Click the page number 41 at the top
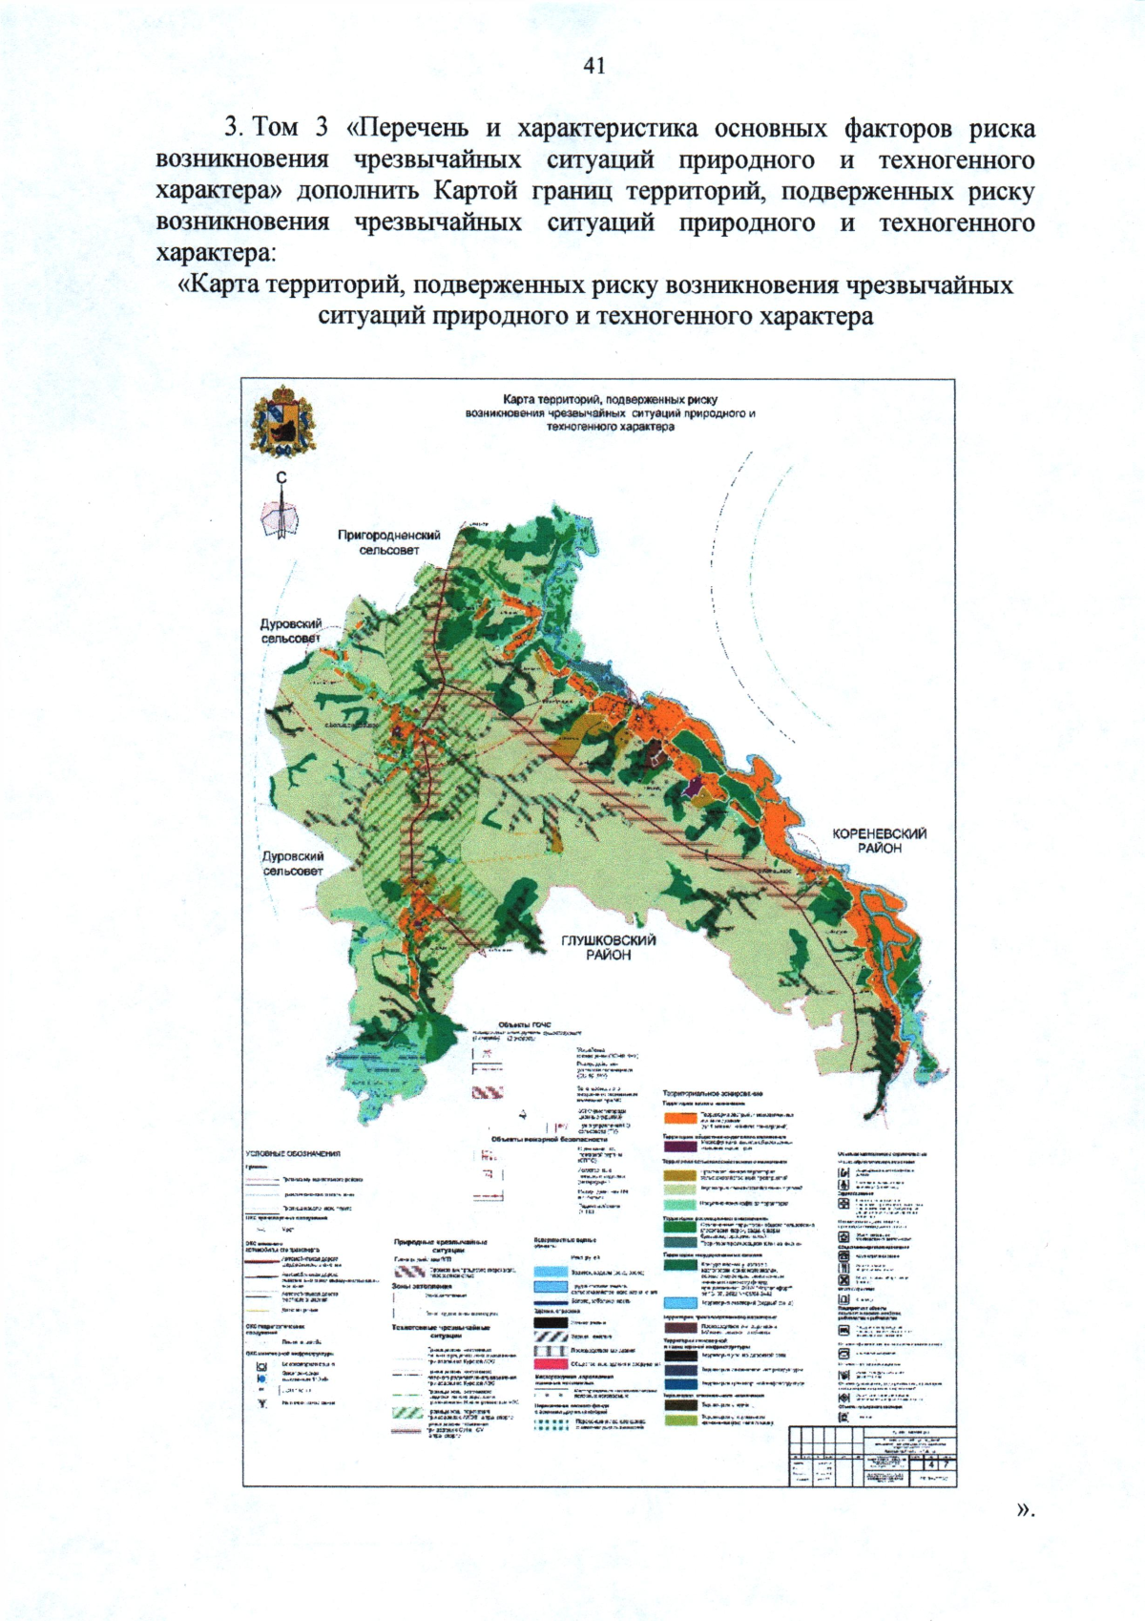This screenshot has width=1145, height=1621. pos(593,65)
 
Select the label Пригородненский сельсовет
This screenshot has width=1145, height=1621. pos(389,542)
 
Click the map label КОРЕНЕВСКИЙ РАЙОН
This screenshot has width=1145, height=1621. pos(879,840)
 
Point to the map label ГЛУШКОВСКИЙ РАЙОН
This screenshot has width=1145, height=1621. pos(609,947)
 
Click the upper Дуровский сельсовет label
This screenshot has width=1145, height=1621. pos(291,630)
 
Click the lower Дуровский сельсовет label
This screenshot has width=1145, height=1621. pos(293,863)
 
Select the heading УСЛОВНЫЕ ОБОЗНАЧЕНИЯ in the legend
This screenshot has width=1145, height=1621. pos(293,1154)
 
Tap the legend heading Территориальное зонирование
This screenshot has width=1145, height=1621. pos(712,1093)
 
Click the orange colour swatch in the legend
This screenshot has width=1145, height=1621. pos(680,1117)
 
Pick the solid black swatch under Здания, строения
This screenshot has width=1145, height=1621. pos(551,1323)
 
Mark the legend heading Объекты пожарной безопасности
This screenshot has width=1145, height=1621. pos(549,1139)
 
